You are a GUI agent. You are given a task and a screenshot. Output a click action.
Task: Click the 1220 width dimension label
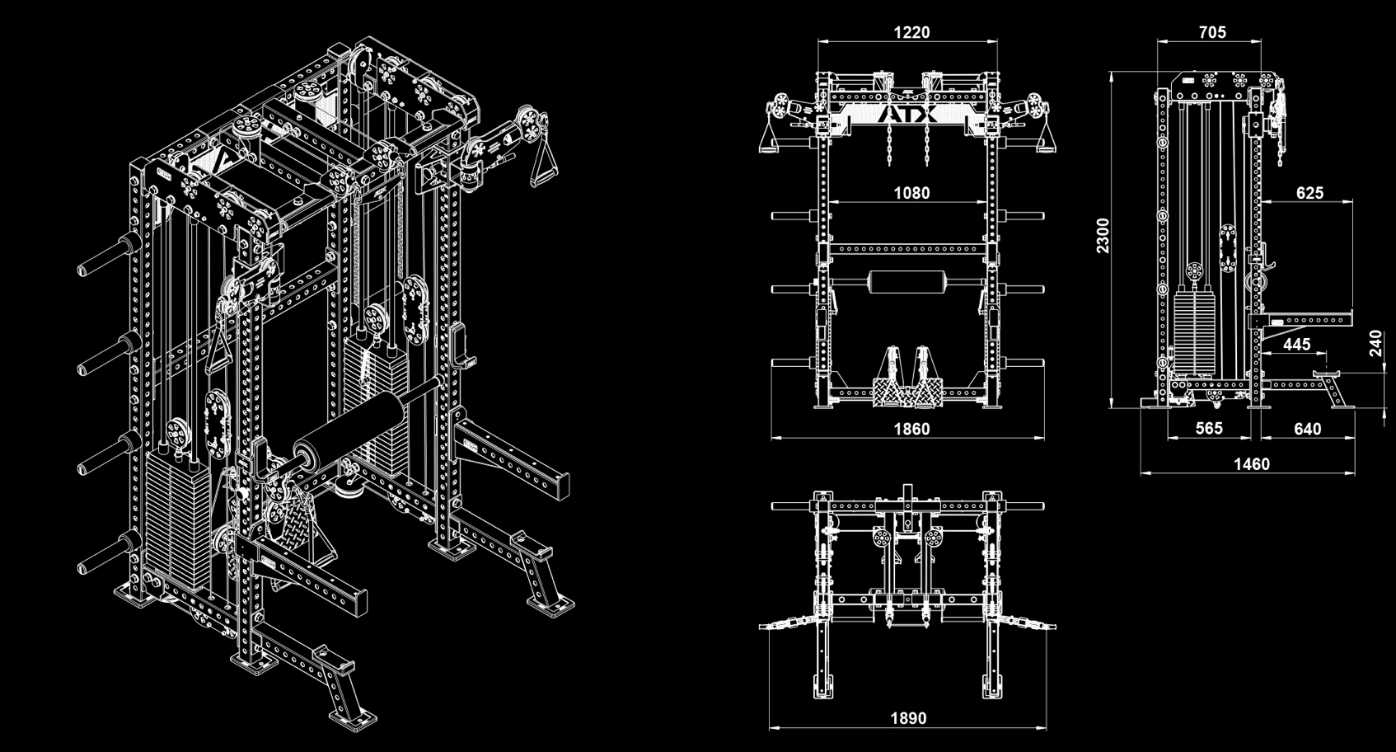[x=911, y=32]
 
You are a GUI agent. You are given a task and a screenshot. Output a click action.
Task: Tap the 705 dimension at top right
[x=1211, y=32]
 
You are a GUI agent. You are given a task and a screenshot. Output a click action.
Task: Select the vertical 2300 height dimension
[x=1103, y=235]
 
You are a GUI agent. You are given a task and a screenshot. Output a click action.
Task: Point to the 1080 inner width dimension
[x=911, y=193]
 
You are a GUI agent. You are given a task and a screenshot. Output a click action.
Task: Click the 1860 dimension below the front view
[x=911, y=429]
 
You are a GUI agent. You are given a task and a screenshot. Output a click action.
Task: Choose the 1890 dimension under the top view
[x=907, y=718]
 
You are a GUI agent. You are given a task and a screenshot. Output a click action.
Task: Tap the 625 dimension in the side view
[x=1309, y=193]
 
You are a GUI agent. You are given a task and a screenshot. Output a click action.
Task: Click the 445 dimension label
[x=1296, y=345]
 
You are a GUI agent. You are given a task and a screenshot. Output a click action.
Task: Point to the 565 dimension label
[x=1209, y=429]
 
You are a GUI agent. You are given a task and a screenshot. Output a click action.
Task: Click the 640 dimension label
[x=1307, y=429]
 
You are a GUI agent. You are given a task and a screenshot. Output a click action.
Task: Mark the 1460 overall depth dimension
[x=1251, y=464]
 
